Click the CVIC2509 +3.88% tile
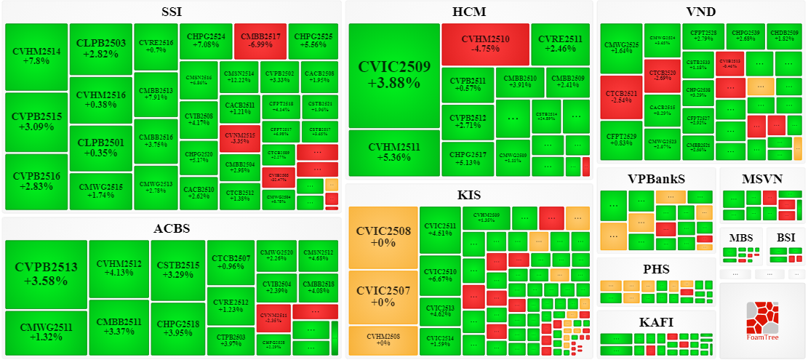pyautogui.click(x=394, y=75)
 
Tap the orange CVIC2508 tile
pyautogui.click(x=383, y=237)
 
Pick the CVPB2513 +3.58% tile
pyautogui.click(x=46, y=274)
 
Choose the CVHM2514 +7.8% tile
pyautogui.click(x=36, y=56)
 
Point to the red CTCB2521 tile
pyautogui.click(x=621, y=97)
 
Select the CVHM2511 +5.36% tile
pyautogui.click(x=394, y=153)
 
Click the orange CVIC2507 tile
pyautogui.click(x=383, y=297)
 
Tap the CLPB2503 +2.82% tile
pyautogui.click(x=100, y=48)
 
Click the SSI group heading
pyautogui.click(x=172, y=12)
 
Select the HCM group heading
pyautogui.click(x=469, y=12)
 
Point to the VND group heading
pyautogui.click(x=700, y=12)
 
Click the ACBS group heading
pyautogui.click(x=172, y=228)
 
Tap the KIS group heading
pyautogui.click(x=469, y=195)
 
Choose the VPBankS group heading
pyautogui.click(x=656, y=179)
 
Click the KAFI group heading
pyautogui.click(x=656, y=322)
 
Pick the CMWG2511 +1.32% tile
pyautogui.click(x=46, y=332)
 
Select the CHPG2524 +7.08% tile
pyautogui.click(x=206, y=40)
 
